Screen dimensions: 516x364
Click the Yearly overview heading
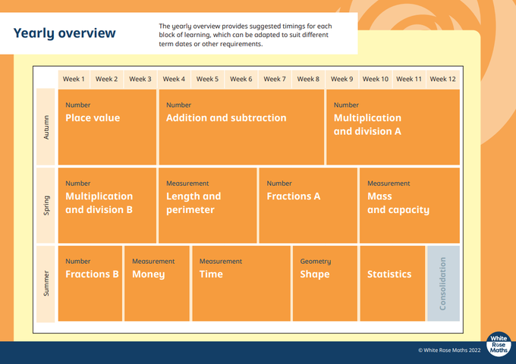(64, 33)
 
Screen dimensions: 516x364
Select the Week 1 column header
(74, 79)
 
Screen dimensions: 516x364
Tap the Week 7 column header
(275, 79)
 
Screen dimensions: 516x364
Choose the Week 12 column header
(442, 79)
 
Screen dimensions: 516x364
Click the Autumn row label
(46, 127)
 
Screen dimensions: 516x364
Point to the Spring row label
(46, 206)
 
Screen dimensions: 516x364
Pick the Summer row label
(46, 283)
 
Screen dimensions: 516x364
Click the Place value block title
(93, 118)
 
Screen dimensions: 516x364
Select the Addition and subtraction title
(226, 118)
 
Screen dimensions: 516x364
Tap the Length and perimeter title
(193, 203)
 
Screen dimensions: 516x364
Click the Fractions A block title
(293, 196)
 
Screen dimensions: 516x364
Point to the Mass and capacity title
(398, 203)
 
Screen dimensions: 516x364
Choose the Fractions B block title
(92, 274)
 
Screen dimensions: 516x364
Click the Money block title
(149, 275)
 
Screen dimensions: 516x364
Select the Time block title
(211, 274)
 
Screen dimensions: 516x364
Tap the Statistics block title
(389, 274)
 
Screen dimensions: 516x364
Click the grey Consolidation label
(442, 284)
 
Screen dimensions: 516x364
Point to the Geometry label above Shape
(315, 262)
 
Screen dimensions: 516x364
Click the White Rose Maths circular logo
(499, 344)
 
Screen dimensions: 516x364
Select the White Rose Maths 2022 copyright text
(449, 350)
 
